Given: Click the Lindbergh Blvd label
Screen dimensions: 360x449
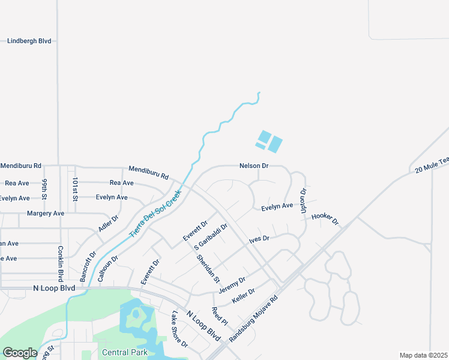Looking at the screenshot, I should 29,41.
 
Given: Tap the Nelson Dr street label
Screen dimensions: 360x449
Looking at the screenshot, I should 253,166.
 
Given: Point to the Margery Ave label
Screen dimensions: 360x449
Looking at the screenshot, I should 46,214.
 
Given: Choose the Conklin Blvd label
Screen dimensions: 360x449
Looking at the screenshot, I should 61,263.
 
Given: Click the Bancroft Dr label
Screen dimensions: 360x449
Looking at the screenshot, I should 88,266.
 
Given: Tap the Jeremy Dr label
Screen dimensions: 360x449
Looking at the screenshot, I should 232,284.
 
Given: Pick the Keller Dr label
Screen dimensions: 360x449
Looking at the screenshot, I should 244,295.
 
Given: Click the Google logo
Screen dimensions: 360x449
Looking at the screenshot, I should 20,353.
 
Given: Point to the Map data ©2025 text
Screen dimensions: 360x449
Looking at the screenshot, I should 423,355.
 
